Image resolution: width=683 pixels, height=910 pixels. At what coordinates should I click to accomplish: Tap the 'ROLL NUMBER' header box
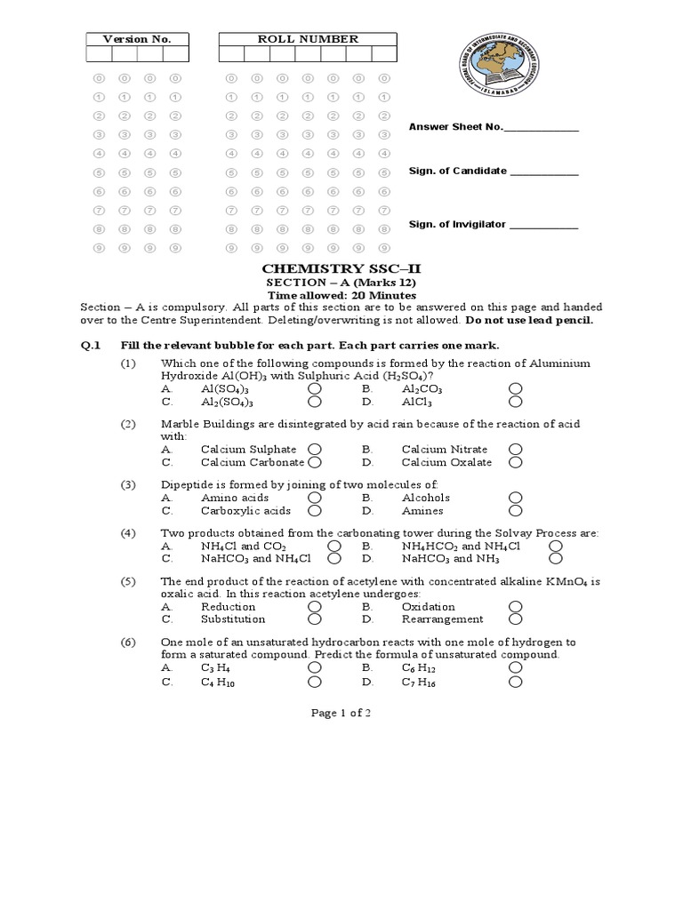pyautogui.click(x=308, y=39)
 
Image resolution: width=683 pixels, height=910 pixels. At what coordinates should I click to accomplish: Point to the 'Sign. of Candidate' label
pyautogui.click(x=457, y=171)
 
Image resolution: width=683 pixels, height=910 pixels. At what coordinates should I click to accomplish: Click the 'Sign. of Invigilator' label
pyautogui.click(x=457, y=225)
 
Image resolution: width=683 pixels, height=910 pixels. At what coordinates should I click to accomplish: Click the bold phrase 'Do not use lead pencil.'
pyautogui.click(x=528, y=320)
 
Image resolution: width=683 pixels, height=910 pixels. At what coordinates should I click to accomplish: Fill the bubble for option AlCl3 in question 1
pyautogui.click(x=516, y=402)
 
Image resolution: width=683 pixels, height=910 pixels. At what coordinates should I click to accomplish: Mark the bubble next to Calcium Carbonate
pyautogui.click(x=315, y=462)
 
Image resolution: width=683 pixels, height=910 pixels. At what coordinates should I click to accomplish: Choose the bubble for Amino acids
pyautogui.click(x=315, y=499)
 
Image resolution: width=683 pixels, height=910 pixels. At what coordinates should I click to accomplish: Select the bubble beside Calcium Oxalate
pyautogui.click(x=516, y=462)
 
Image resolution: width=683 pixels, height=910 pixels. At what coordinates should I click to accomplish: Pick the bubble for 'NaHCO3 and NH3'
pyautogui.click(x=556, y=559)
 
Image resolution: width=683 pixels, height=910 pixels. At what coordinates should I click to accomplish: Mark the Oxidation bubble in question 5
pyautogui.click(x=516, y=606)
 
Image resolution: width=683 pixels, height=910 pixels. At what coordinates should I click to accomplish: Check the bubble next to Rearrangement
pyautogui.click(x=516, y=619)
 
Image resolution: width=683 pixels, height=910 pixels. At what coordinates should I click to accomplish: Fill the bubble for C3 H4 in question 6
pyautogui.click(x=315, y=667)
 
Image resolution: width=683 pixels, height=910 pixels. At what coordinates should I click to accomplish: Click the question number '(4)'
pyautogui.click(x=129, y=533)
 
